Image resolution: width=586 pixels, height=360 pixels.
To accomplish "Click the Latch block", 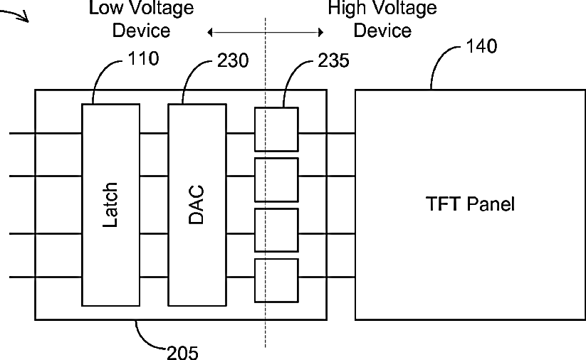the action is (111, 205).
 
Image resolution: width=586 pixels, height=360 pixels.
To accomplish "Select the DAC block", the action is (197, 205).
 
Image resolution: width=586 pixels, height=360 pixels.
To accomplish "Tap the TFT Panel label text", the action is (470, 204).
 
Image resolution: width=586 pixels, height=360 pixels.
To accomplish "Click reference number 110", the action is (144, 58).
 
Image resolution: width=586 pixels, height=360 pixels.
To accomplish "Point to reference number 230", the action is (233, 60).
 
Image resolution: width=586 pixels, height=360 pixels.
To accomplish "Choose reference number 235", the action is (334, 60).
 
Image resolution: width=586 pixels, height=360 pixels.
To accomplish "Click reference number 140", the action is (482, 46).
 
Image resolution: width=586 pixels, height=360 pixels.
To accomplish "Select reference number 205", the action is (182, 353).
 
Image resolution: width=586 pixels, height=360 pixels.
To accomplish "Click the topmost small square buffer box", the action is (276, 129).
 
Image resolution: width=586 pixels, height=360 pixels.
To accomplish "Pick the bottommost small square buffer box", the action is (276, 280).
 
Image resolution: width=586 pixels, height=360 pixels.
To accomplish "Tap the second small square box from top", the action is (276, 179).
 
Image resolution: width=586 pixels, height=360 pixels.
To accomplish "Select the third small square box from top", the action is (276, 230).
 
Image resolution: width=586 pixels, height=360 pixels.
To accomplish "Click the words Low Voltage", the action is (142, 8).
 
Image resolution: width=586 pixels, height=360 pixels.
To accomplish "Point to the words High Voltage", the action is (382, 8).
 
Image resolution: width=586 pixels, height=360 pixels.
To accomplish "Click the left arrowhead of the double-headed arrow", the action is (209, 33).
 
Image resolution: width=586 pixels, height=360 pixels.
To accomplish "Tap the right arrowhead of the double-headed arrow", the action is (321, 33).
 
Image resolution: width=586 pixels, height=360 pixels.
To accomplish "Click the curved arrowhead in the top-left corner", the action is (26, 18).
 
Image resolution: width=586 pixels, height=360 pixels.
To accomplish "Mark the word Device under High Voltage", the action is (382, 31).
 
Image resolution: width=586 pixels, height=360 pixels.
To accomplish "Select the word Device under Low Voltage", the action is (141, 31).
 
